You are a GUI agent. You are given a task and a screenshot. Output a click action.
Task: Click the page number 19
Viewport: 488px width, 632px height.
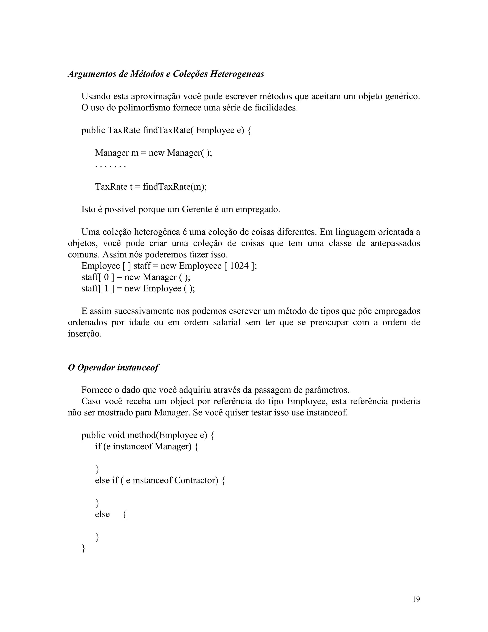[416, 599]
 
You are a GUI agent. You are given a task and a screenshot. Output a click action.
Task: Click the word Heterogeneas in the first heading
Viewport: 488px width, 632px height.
[237, 74]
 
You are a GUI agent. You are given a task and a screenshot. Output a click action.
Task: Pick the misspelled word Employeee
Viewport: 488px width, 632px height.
[200, 266]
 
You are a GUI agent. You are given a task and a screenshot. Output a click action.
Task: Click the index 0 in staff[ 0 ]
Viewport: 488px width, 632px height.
[106, 277]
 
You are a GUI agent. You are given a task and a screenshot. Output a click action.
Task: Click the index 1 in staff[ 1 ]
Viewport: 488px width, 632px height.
[106, 289]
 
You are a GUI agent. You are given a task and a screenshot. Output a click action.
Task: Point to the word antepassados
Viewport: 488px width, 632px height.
[395, 243]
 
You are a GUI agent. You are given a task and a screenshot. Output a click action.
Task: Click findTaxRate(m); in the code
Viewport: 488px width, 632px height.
[175, 187]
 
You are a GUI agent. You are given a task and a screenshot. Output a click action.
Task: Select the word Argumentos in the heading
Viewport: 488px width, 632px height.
[92, 74]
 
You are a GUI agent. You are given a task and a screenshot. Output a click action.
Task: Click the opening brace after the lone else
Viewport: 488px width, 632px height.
[125, 514]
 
